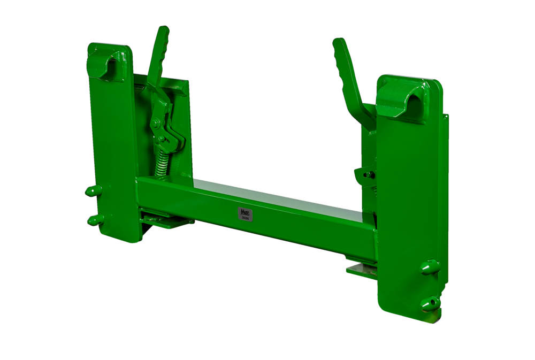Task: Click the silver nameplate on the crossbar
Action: (245, 213)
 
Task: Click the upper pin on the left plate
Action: (93, 190)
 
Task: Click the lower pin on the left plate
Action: (94, 219)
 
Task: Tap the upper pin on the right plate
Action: (430, 266)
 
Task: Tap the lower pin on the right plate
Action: (430, 303)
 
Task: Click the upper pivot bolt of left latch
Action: (155, 124)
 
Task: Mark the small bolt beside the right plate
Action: (364, 174)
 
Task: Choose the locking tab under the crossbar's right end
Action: (361, 267)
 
